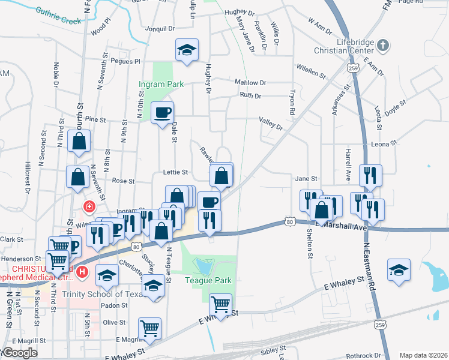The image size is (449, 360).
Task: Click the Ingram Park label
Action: click(x=161, y=85)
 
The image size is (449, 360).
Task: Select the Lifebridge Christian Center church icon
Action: click(x=382, y=45)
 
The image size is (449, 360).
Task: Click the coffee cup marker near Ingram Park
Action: click(x=161, y=113)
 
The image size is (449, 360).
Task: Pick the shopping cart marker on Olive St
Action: click(x=149, y=328)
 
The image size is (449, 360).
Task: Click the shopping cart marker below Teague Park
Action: click(x=221, y=305)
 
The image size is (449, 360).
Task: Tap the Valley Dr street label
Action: click(x=271, y=123)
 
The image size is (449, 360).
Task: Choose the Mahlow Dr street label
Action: click(x=250, y=82)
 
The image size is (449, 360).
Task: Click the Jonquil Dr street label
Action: click(x=160, y=28)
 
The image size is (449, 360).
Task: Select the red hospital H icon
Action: click(x=83, y=274)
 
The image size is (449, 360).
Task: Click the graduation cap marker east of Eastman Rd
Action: click(x=399, y=269)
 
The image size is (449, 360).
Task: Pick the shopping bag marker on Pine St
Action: click(x=79, y=141)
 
